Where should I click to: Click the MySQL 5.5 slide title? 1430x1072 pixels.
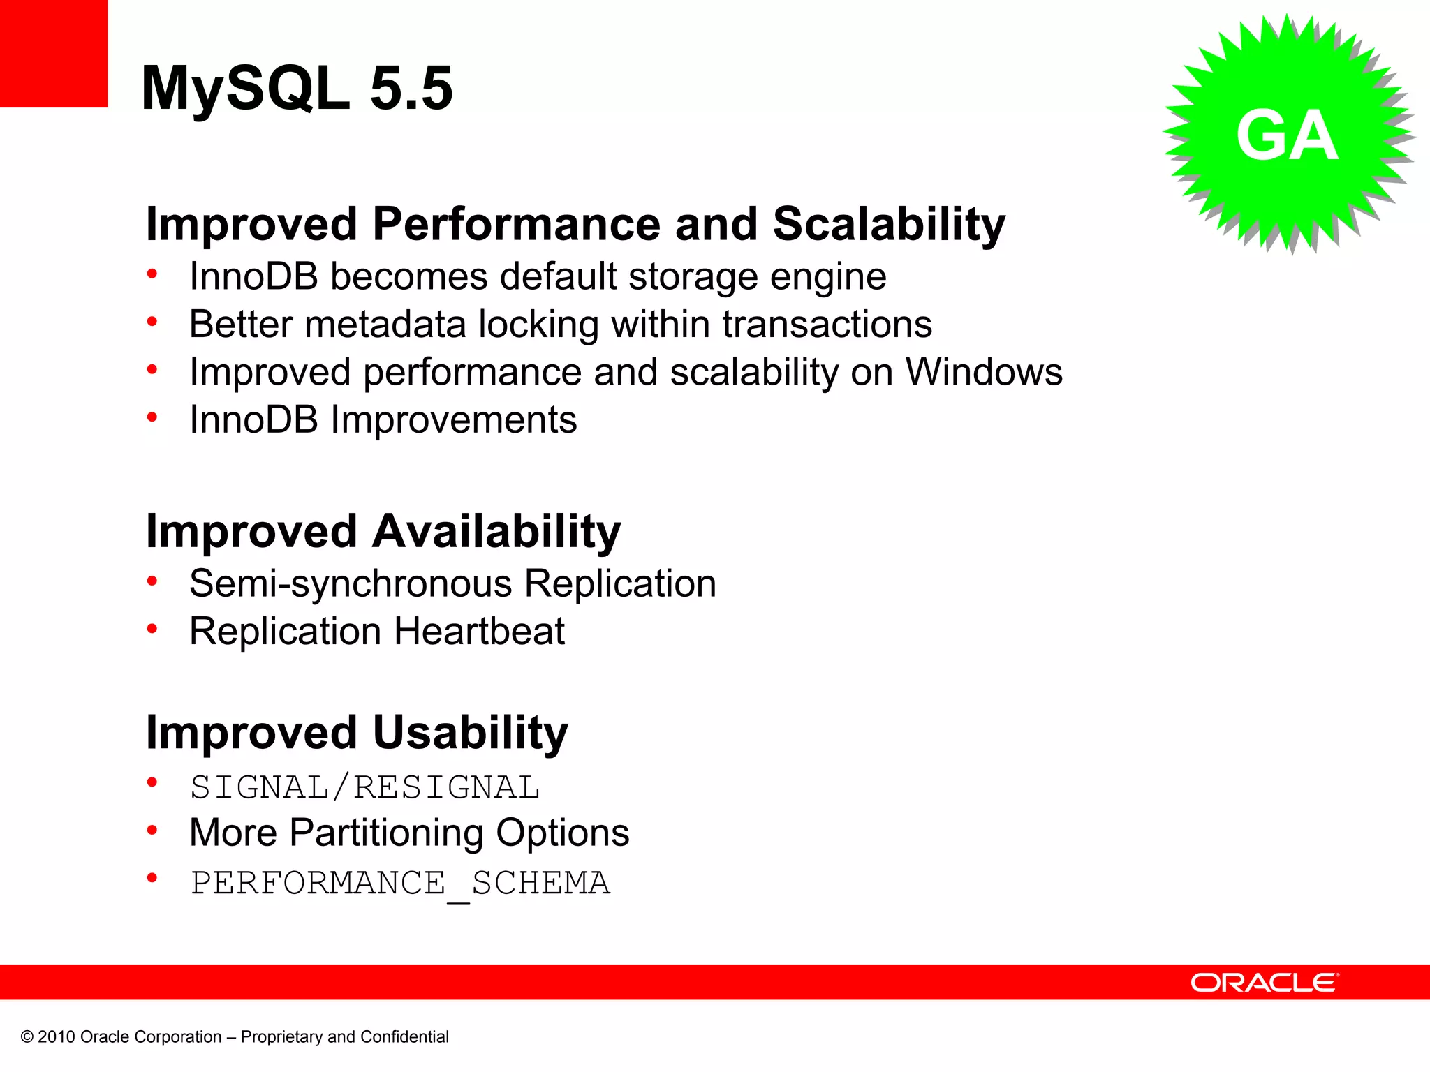297,89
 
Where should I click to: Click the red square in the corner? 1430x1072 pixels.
53,53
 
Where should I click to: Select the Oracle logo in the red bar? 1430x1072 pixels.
1264,983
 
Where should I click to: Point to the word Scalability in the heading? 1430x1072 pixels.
888,225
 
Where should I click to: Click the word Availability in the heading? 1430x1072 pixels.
496,532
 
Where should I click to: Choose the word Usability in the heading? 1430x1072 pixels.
470,733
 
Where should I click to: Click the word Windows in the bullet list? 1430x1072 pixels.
984,372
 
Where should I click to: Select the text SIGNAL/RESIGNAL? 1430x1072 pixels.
364,788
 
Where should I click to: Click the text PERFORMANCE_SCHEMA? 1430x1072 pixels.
400,884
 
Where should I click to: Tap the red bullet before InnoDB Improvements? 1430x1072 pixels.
152,417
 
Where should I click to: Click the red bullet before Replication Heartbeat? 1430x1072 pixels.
152,629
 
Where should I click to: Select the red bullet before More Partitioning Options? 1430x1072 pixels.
152,830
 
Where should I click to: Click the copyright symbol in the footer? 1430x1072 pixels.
27,1037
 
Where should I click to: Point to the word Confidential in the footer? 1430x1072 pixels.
404,1037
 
